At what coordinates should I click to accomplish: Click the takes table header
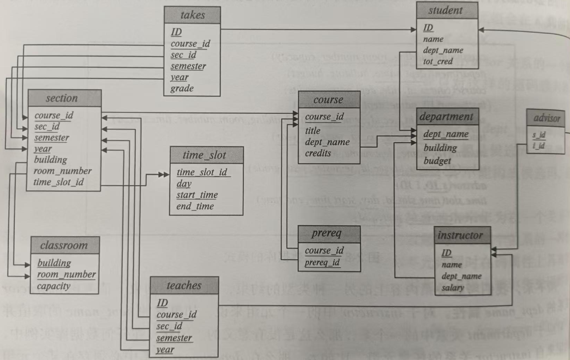pyautogui.click(x=192, y=15)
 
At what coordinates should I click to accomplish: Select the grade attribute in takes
pyautogui.click(x=182, y=89)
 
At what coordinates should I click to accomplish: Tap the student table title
pyautogui.click(x=446, y=10)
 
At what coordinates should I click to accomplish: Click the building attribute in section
pyautogui.click(x=50, y=160)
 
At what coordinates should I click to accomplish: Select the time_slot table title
pyautogui.click(x=206, y=155)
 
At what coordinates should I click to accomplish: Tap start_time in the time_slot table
pyautogui.click(x=197, y=194)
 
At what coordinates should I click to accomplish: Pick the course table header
pyautogui.click(x=328, y=99)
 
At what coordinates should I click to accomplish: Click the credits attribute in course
pyautogui.click(x=318, y=153)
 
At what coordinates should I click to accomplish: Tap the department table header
pyautogui.click(x=446, y=117)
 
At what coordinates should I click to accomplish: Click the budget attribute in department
pyautogui.click(x=437, y=160)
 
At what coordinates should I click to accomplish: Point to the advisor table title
pyautogui.click(x=547, y=118)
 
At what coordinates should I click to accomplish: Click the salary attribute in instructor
pyautogui.click(x=453, y=288)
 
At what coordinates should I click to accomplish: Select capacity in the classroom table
pyautogui.click(x=53, y=286)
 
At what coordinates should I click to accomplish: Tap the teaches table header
pyautogui.click(x=184, y=285)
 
